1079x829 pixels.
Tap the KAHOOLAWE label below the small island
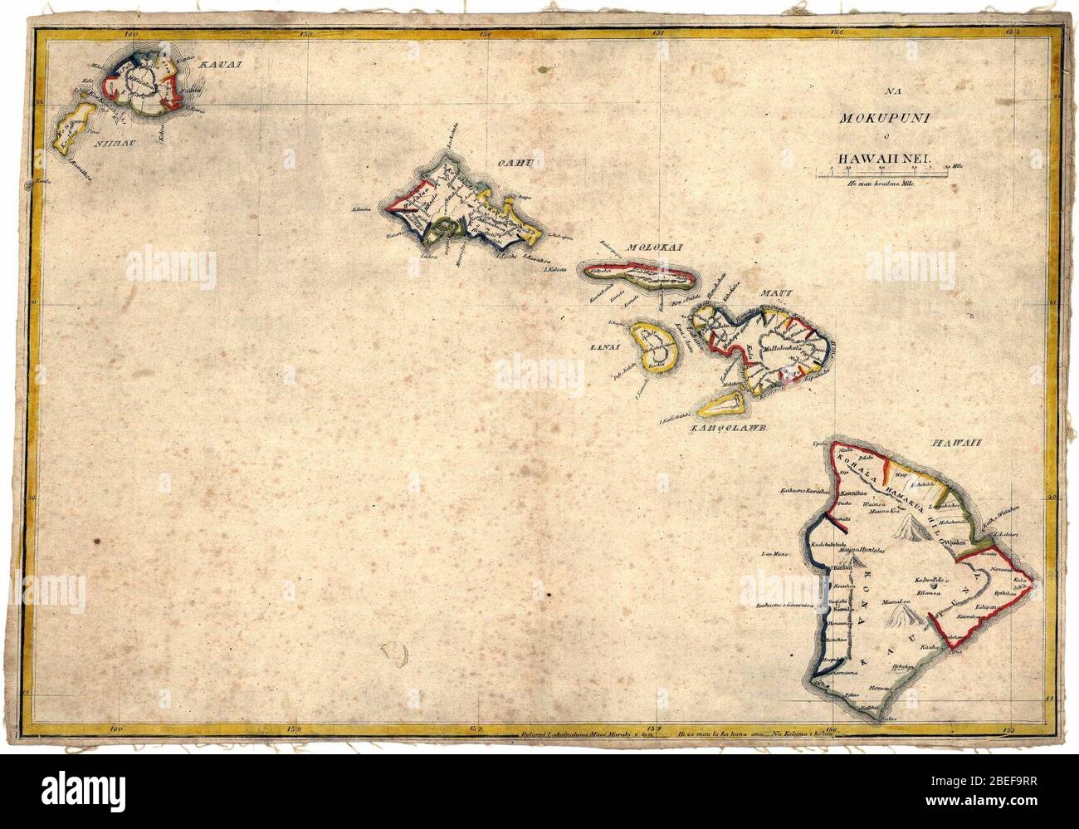coord(726,428)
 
